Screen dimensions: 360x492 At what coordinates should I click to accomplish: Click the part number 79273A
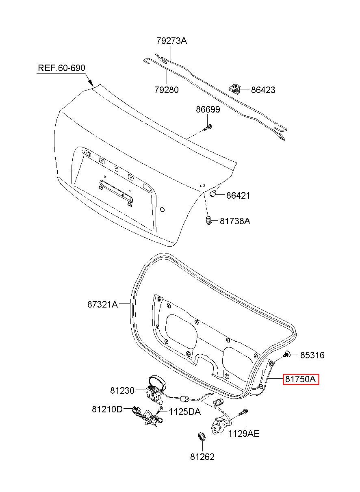pos(171,41)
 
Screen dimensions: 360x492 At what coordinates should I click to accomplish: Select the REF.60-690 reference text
pos(61,68)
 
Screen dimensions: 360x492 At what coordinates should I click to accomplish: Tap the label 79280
pos(167,90)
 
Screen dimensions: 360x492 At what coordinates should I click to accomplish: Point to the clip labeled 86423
pos(234,89)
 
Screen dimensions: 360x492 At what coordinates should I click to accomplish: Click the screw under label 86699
pos(208,128)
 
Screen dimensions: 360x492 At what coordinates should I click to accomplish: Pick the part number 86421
pos(238,195)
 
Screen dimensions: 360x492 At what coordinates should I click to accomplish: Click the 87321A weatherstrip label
pos(102,304)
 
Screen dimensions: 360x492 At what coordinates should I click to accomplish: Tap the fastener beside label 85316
pos(286,354)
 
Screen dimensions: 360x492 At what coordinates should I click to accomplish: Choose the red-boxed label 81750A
pos(301,379)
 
